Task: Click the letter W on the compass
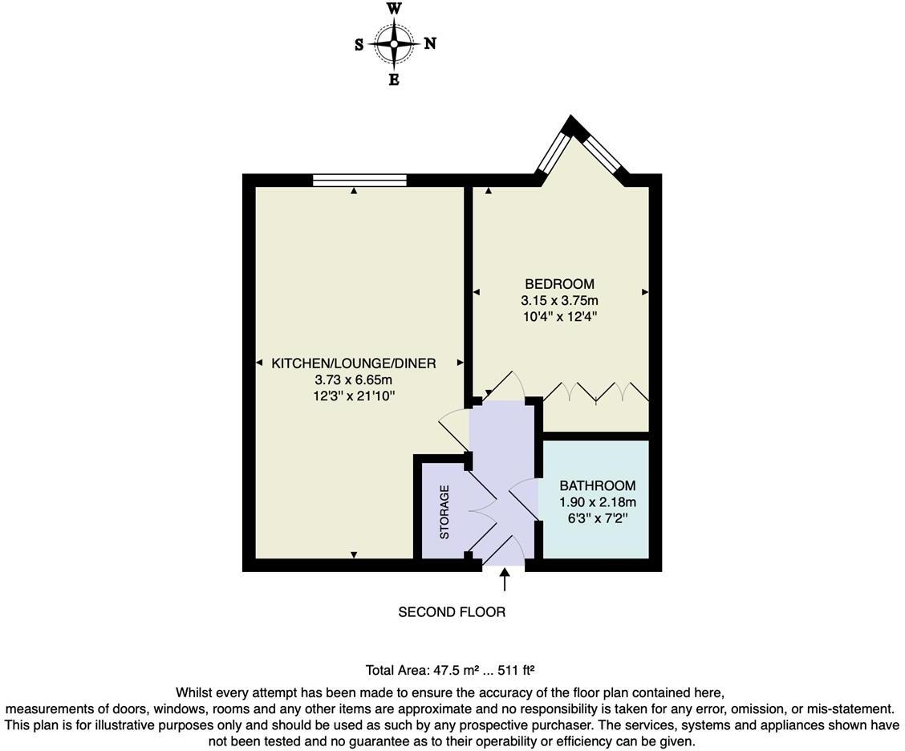point(394,9)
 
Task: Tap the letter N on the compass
point(430,44)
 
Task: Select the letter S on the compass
point(359,45)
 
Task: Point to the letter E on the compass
point(394,79)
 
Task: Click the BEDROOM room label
point(559,284)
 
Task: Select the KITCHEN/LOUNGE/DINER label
point(354,363)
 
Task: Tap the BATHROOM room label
point(597,485)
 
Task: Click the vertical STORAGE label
point(444,511)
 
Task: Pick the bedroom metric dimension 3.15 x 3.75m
point(559,301)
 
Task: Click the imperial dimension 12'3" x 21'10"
point(354,396)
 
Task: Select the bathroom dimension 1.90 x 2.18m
point(597,502)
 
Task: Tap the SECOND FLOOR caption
point(452,612)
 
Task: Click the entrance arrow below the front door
point(505,579)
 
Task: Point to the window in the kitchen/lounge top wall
point(359,180)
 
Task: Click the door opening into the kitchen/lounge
point(454,430)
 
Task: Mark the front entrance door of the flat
point(503,554)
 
